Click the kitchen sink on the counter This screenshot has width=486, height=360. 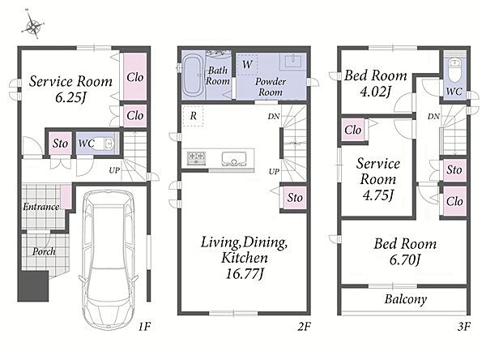234,159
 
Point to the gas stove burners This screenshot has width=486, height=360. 196,157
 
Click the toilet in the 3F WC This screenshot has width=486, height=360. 454,71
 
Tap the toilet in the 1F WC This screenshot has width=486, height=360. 106,144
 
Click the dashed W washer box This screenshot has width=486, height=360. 247,65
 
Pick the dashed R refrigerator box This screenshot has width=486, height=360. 193,116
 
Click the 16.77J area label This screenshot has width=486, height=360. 245,274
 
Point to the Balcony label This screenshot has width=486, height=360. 406,299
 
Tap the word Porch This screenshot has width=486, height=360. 44,251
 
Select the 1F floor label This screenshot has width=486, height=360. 144,326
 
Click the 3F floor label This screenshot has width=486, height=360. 464,326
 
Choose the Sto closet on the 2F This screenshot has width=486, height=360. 295,198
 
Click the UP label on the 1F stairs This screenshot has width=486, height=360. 114,170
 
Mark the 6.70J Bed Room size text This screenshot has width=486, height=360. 404,259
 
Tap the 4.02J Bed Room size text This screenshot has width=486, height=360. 375,92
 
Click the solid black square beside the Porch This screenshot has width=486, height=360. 33,286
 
